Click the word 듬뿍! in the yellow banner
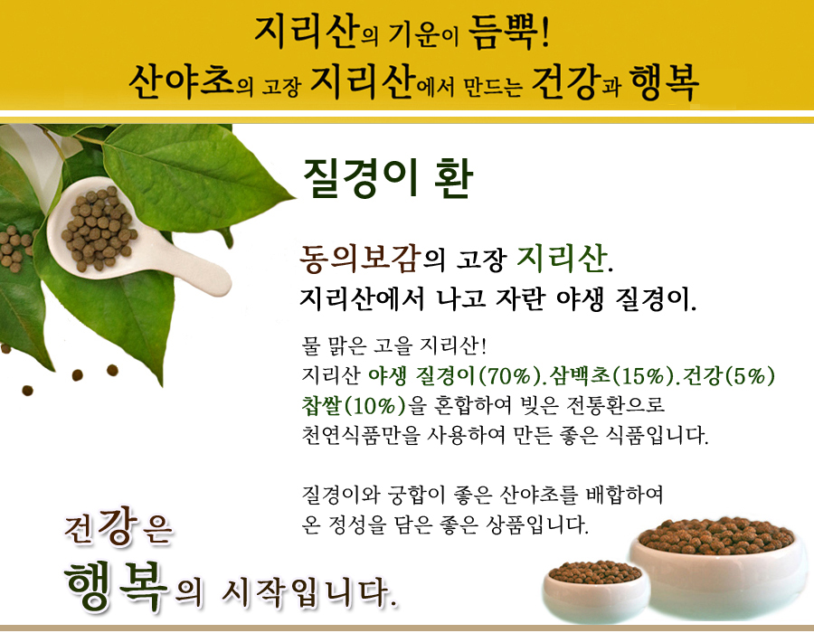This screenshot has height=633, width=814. (508, 33)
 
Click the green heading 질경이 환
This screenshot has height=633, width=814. (388, 178)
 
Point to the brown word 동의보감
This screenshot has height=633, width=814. (359, 258)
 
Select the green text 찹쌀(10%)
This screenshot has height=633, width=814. (354, 405)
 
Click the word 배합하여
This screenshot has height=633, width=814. (624, 495)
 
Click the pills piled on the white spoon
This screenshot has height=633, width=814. (99, 228)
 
